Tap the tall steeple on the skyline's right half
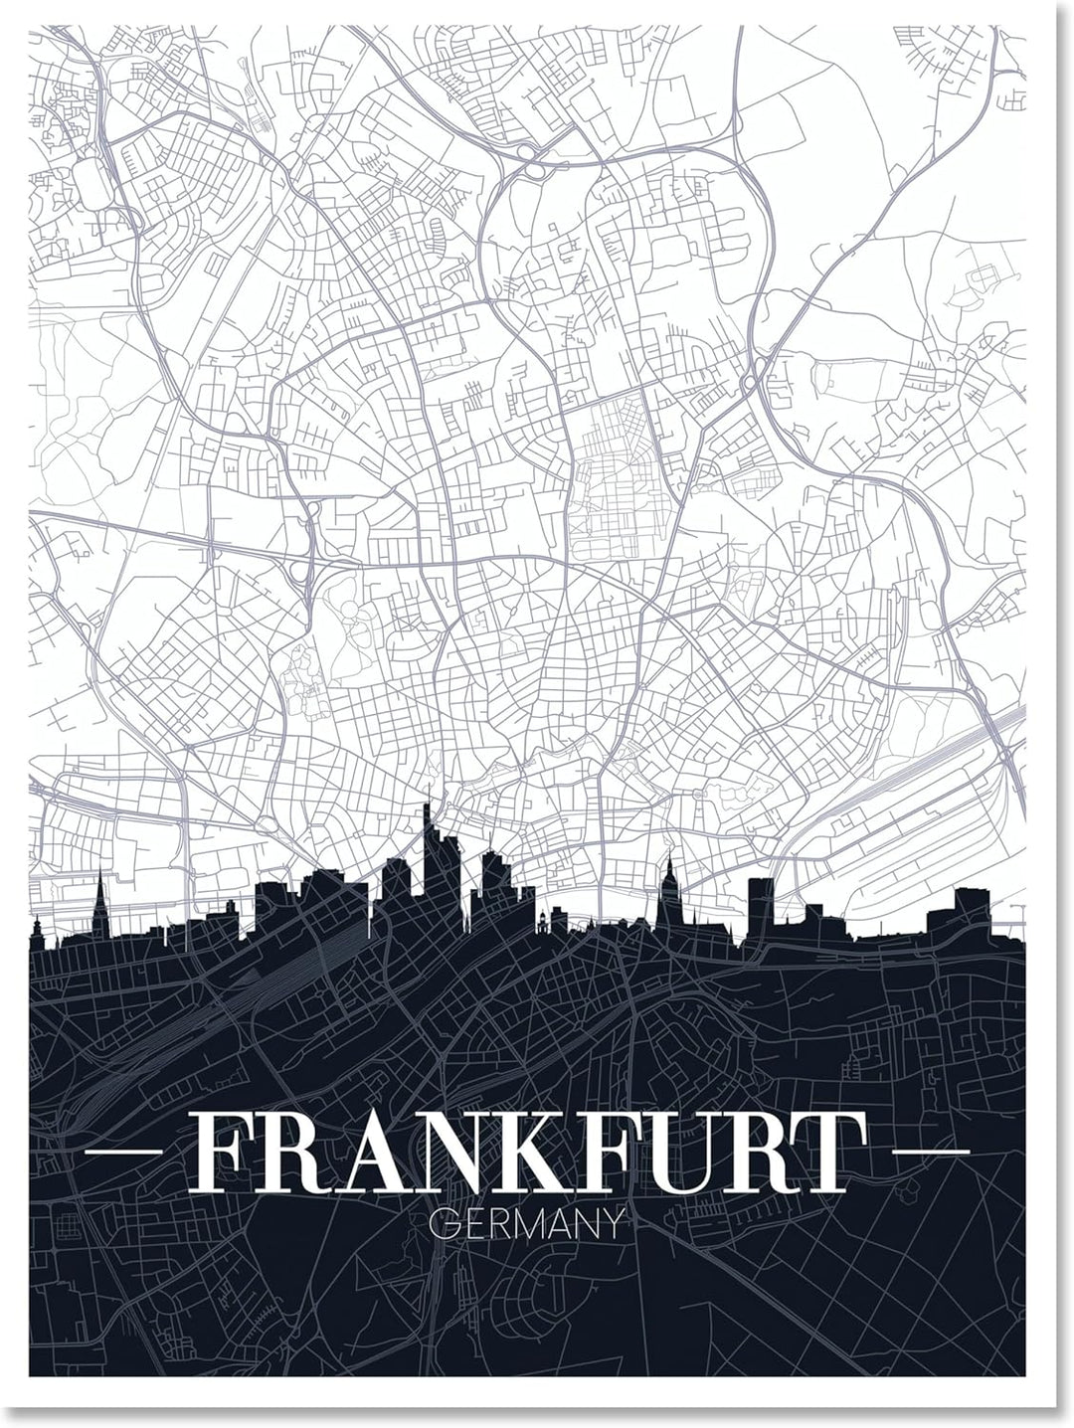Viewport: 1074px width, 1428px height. (x=669, y=875)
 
